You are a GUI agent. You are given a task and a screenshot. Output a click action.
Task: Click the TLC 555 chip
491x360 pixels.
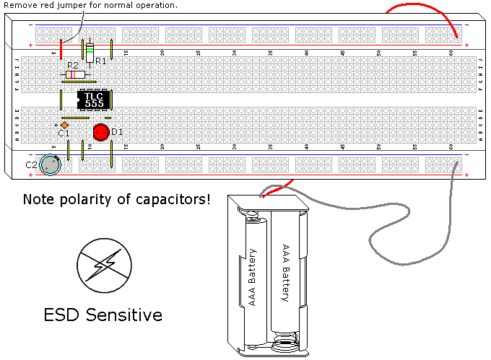point(93,100)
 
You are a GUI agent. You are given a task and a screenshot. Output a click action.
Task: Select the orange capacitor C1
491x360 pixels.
point(64,126)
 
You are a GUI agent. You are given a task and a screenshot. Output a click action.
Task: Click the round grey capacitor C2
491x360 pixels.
point(51,165)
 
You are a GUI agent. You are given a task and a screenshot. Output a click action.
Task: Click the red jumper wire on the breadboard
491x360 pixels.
point(61,49)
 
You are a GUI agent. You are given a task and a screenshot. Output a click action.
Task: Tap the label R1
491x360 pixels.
point(101,61)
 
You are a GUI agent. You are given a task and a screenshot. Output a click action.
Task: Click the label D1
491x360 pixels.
point(117,132)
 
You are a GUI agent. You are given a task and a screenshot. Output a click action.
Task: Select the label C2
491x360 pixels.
point(32,165)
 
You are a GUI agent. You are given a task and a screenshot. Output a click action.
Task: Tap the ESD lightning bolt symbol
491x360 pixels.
point(105,265)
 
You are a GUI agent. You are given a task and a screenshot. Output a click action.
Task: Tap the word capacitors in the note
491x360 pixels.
point(173,198)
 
